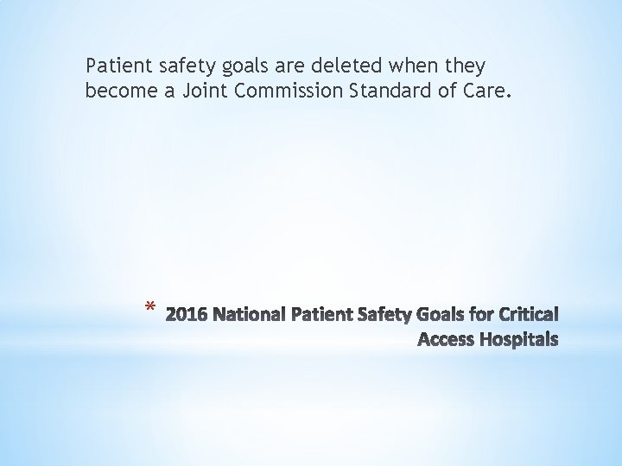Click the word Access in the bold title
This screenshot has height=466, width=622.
(x=445, y=340)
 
